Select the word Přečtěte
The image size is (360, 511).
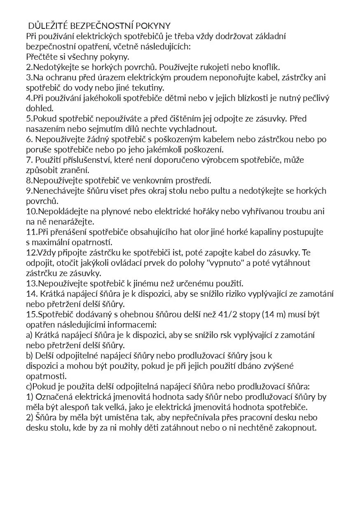point(42,57)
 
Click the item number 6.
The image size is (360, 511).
point(28,139)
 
